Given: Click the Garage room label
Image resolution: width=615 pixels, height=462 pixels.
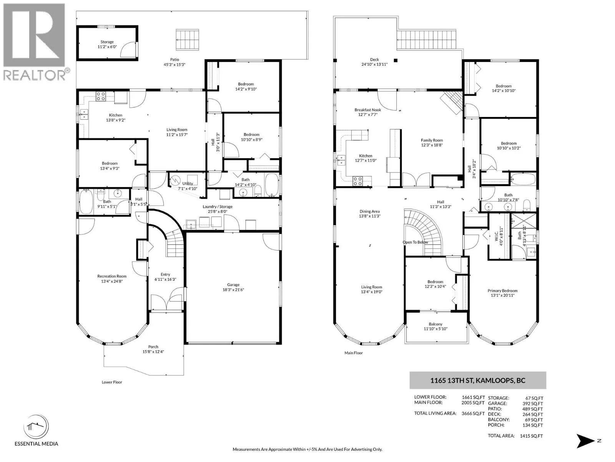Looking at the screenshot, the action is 233,285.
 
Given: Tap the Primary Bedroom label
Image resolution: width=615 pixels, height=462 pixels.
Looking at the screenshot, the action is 502,291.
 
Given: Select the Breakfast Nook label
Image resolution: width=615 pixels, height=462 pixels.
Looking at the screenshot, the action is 367,110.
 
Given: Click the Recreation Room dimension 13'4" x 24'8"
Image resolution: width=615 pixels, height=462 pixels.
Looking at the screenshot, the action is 112,281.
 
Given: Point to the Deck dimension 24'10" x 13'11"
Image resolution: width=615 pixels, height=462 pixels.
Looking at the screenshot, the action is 374,64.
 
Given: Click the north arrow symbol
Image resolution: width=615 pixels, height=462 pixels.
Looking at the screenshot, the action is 585,441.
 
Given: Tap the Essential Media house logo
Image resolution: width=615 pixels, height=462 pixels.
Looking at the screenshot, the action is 36,427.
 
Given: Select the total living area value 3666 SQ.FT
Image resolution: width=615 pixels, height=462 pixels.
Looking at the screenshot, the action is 473,413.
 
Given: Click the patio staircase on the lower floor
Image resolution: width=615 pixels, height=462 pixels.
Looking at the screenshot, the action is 188,40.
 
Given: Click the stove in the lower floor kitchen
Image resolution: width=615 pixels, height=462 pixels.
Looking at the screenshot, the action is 101,96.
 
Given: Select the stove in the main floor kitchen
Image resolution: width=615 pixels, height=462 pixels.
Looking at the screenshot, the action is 357,181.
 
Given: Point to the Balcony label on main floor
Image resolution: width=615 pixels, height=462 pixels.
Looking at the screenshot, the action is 435,324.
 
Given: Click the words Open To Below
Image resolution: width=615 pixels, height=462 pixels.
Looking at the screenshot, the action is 415,242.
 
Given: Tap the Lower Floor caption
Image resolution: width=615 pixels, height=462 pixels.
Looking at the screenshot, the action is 112,382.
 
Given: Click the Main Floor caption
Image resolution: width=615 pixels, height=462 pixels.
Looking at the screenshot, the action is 354,353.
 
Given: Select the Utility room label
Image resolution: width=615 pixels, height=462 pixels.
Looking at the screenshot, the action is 188,184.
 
